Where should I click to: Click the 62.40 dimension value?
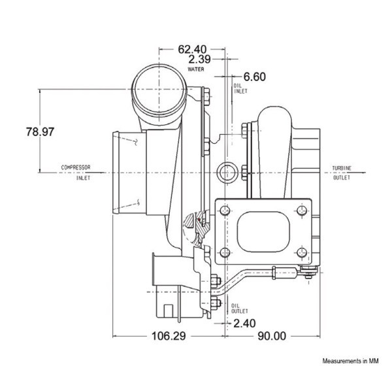tap(192, 49)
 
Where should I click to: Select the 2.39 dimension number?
tap(199, 59)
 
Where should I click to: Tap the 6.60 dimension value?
tap(255, 76)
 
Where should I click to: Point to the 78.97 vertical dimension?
tap(41, 132)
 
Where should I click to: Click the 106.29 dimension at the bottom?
tap(169, 336)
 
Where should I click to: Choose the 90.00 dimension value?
tap(272, 336)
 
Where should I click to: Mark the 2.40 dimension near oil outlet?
tap(244, 323)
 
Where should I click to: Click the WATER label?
tap(196, 69)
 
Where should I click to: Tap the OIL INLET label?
tap(240, 88)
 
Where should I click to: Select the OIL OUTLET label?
tap(240, 308)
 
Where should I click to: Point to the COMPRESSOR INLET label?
tap(76, 172)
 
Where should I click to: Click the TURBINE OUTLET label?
tap(342, 172)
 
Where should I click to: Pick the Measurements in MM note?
tap(350, 361)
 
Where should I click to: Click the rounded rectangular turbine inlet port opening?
tap(263, 231)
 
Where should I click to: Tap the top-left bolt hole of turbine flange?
tap(225, 210)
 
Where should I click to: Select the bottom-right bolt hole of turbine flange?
tap(302, 252)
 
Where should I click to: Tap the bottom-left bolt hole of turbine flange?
tap(225, 252)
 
